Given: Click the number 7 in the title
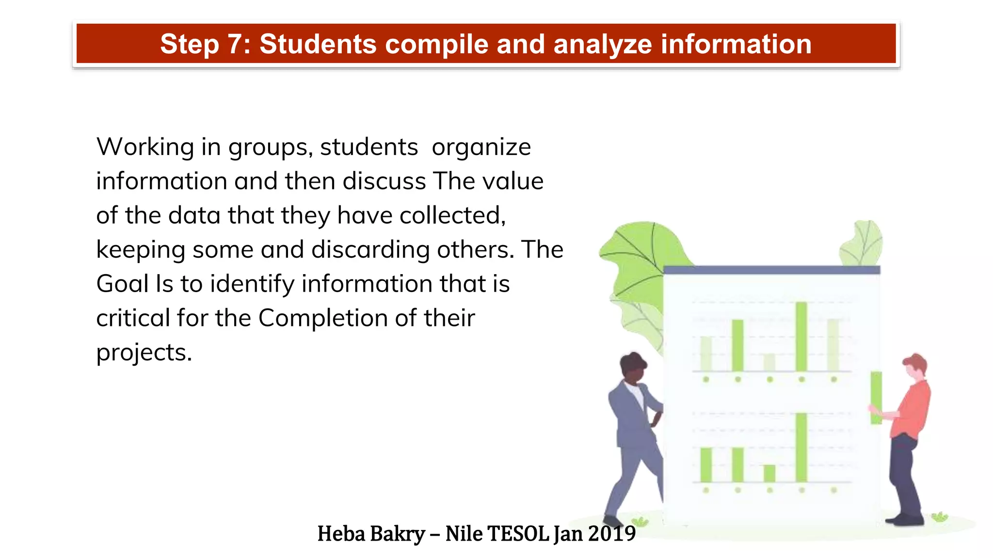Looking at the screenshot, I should pos(237,45).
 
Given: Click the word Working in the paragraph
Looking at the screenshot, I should pos(145,147).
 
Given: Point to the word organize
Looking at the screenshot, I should pos(481,147).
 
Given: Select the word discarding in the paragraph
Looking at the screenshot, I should pos(370,250).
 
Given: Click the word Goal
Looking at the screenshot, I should pos(122,284).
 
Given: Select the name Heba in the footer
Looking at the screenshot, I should pos(341,534).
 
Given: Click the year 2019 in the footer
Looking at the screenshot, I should pos(612,534).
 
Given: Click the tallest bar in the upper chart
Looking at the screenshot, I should pos(801,336).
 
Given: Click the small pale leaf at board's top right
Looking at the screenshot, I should pos(862,244).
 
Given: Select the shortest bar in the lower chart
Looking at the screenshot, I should pos(769,473).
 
